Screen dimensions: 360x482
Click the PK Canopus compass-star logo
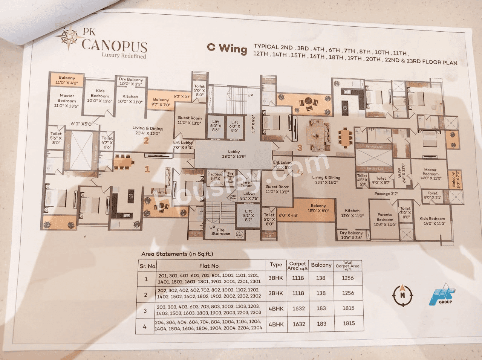pyautogui.click(x=68, y=38)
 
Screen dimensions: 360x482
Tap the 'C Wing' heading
pyautogui.click(x=227, y=48)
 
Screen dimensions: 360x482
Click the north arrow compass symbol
pyautogui.click(x=402, y=295)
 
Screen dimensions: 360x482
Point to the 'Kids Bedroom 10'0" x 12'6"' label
pyautogui.click(x=100, y=96)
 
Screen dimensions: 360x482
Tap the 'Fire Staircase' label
pyautogui.click(x=220, y=231)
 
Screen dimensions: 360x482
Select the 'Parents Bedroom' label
pyautogui.click(x=385, y=220)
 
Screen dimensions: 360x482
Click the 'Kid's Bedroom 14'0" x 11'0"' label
pyautogui.click(x=432, y=221)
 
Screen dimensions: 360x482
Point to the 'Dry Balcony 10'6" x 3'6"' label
pyautogui.click(x=351, y=235)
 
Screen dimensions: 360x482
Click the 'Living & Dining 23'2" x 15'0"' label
pyautogui.click(x=326, y=180)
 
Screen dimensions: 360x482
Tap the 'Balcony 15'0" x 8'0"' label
pyautogui.click(x=318, y=208)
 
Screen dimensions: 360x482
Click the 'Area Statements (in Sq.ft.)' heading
pyautogui.click(x=177, y=254)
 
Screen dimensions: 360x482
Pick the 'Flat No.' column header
pyautogui.click(x=209, y=266)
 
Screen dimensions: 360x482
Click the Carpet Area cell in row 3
pyautogui.click(x=298, y=308)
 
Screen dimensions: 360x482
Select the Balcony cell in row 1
pyautogui.click(x=321, y=278)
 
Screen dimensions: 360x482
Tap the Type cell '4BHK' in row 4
pyautogui.click(x=276, y=324)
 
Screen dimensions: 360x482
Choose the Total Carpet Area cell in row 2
pyautogui.click(x=348, y=293)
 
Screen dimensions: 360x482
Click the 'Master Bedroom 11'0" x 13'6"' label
pyautogui.click(x=67, y=101)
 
